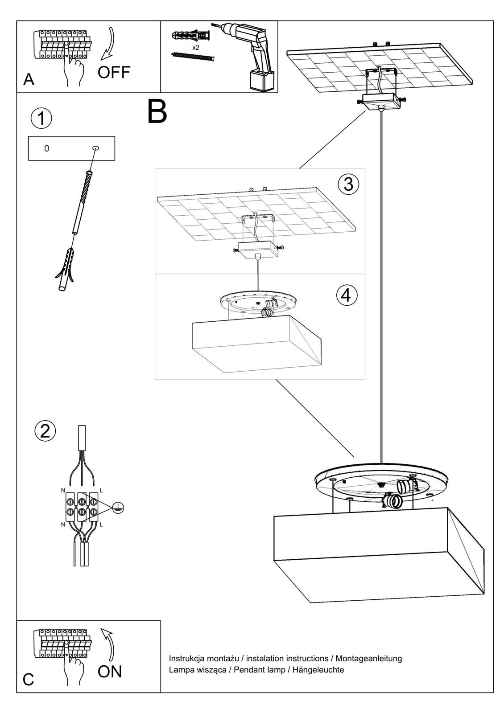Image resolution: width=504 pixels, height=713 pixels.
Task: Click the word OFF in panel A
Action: coord(114,72)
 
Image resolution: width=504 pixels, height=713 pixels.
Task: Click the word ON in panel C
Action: coord(109,671)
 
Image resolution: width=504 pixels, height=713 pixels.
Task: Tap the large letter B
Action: coord(157,112)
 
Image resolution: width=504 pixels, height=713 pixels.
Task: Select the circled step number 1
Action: coord(41,119)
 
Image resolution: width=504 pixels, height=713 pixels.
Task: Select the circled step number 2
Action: coord(45,431)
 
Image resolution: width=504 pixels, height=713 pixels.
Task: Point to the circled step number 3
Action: coord(348,184)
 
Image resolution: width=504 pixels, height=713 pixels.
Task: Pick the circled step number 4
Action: coord(347,295)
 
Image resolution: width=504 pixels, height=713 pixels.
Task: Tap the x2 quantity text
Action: coord(195,47)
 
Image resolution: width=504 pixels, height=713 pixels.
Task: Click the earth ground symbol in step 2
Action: coord(118,507)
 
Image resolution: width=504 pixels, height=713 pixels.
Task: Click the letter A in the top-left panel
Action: coord(29,79)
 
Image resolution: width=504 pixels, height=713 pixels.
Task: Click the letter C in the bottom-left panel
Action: coord(28,680)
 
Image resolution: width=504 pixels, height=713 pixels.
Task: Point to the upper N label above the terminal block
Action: coord(63,490)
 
